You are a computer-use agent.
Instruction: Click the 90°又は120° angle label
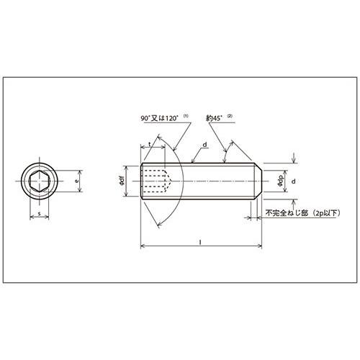pyautogui.click(x=159, y=118)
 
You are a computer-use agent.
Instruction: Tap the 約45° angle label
pyautogui.click(x=214, y=118)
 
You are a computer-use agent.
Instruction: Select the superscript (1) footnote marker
pyautogui.click(x=186, y=116)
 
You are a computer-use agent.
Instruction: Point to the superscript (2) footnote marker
pyautogui.click(x=230, y=116)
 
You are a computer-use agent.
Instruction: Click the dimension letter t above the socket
pyautogui.click(x=150, y=144)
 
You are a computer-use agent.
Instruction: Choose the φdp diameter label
pyautogui.click(x=280, y=181)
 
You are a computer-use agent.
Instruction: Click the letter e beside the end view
pyautogui.click(x=76, y=181)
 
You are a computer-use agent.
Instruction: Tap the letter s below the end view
pyautogui.click(x=40, y=213)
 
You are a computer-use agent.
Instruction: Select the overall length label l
pyautogui.click(x=200, y=243)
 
